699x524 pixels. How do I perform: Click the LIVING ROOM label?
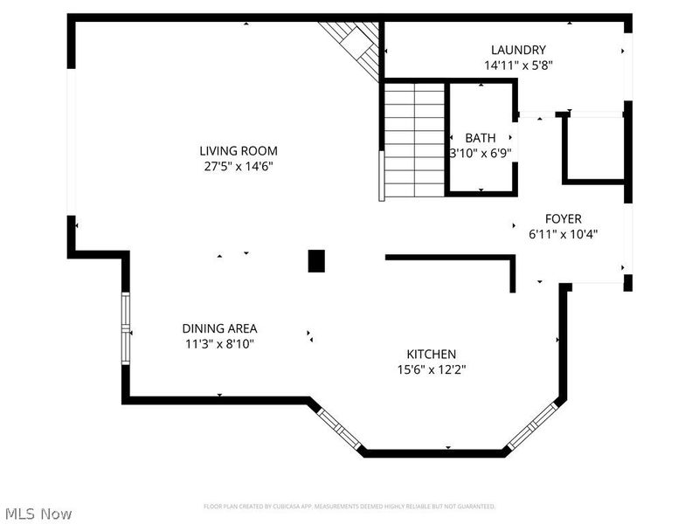pos(238,150)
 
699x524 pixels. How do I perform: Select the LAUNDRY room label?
pos(518,50)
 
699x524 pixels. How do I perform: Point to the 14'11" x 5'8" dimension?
pos(518,65)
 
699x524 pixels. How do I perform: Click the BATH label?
pos(480,138)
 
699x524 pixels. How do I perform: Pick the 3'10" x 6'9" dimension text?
pos(480,153)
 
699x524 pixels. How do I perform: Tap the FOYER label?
pos(563,219)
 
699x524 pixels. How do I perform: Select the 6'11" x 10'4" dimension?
pos(563,234)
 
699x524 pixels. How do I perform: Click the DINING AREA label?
pos(219,328)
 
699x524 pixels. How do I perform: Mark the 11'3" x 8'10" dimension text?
pos(219,343)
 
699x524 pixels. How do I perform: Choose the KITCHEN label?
pos(431,354)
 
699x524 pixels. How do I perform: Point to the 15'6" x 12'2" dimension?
pos(431,369)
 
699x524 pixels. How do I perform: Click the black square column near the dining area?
pos(316,260)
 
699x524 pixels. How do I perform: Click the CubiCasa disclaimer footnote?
pos(349,507)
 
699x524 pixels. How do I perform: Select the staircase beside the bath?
pos(413,140)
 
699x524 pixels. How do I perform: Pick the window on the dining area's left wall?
pos(126,327)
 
